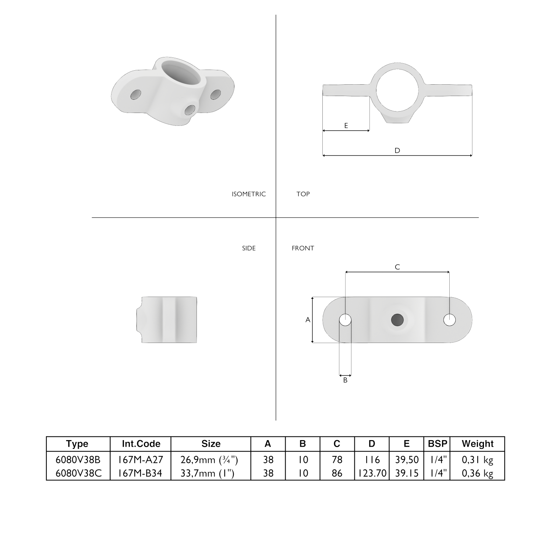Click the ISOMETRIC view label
coord(248,194)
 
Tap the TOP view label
coord(303,194)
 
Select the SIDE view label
coord(249,248)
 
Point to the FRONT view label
coord(303,248)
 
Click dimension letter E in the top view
coord(346,125)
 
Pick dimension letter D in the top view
coord(397,150)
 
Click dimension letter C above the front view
coord(397,267)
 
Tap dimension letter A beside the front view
coord(308,320)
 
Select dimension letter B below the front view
coord(345,380)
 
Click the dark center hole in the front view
coord(397,320)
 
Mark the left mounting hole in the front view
coord(345,320)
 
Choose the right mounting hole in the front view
coord(449,320)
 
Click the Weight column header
coord(477,444)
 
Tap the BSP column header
coord(437,444)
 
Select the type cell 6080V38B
coord(78,460)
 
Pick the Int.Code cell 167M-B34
coord(141,473)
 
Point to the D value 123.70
coord(372,473)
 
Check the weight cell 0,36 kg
coord(477,473)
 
